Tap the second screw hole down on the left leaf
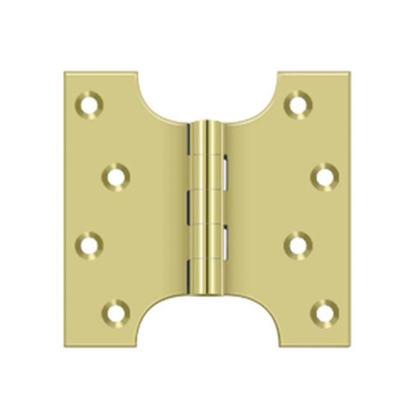tap(116, 177)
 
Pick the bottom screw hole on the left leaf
tap(116, 313)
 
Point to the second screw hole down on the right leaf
tap(324, 177)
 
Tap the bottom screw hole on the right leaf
tap(324, 313)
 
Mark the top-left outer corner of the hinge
tap(65, 73)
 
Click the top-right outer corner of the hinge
tap(349, 73)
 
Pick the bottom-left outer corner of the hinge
tap(65, 346)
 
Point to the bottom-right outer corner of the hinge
tap(349, 346)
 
